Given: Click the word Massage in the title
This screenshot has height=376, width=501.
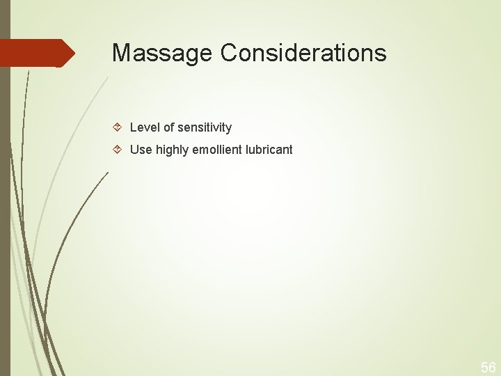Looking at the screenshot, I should tap(163, 53).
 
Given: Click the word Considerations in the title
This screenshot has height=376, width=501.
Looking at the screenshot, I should tap(303, 53).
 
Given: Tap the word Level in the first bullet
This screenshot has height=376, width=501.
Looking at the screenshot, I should tap(143, 127).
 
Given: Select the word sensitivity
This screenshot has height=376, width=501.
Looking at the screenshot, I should tap(205, 127).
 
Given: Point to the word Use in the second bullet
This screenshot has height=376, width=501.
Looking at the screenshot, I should tap(141, 150).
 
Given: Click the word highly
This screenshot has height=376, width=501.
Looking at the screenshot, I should tap(172, 150).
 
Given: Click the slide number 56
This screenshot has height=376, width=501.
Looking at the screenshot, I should tap(488, 366).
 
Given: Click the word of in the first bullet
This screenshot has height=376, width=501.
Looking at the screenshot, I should tap(167, 127).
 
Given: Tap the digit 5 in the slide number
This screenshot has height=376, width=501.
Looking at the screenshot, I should tap(484, 366).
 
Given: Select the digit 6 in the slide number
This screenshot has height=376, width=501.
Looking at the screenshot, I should tap(493, 366).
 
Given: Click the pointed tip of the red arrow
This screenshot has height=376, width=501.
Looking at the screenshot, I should tap(73, 53).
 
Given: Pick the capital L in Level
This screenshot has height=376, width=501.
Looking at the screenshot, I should tap(133, 127).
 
